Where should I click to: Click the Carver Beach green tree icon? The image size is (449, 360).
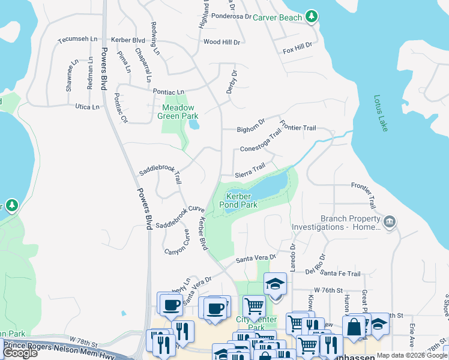pos(311,17)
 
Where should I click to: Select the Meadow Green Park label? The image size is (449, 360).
pos(178,112)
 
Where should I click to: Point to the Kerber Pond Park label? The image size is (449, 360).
pos(241,200)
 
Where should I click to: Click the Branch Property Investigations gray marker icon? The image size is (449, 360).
pos(390,223)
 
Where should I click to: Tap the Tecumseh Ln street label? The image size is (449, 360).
pos(77,40)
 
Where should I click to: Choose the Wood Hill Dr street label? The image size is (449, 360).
pos(221,43)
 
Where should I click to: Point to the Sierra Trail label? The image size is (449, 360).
pos(250,170)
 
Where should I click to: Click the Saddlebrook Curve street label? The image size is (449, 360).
pos(180,217)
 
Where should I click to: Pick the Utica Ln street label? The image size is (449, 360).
pos(87,107)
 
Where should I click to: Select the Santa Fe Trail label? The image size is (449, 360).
pos(340,274)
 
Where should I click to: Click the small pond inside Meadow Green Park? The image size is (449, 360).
pos(193,125)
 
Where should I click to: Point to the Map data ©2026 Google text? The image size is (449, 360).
pos(411,355)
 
